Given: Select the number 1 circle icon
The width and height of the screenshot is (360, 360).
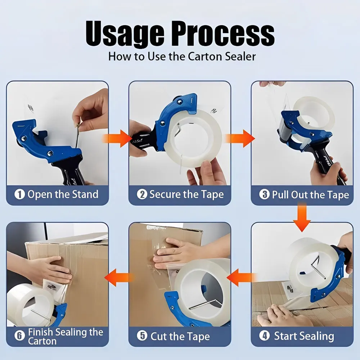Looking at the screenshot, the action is [x=19, y=194].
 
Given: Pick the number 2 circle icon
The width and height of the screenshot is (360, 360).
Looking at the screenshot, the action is [x=142, y=194].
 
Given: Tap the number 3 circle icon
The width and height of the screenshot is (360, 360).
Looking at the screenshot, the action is [x=264, y=194].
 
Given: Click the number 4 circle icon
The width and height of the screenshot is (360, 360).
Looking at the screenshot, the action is [x=264, y=336].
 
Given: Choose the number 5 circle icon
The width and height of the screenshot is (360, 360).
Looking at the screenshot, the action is [x=142, y=336].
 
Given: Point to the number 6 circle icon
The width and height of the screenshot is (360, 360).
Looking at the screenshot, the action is [x=19, y=336].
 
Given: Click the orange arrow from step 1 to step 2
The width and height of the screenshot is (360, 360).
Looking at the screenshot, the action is [x=117, y=139].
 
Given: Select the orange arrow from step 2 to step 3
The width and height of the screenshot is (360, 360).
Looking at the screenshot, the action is [x=240, y=139].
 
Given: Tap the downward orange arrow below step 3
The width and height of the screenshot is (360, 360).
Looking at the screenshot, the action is [x=302, y=217].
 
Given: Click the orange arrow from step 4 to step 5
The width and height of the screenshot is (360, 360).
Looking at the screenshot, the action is [x=242, y=278].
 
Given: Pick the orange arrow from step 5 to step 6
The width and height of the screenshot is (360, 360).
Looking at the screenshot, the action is [x=119, y=278].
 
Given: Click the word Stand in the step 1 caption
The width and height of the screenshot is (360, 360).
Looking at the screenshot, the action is [x=85, y=194].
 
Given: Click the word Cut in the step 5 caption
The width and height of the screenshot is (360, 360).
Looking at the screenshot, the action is [x=158, y=336].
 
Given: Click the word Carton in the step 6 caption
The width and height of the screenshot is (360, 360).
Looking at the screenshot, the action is [x=42, y=341].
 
